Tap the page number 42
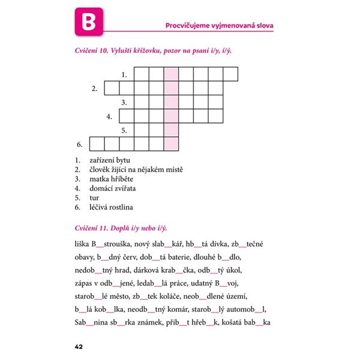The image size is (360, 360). coord(79,346)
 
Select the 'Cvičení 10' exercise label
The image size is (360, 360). coord(91,52)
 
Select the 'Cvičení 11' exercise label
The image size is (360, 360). coord(90,229)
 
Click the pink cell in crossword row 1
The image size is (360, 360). coord(171,74)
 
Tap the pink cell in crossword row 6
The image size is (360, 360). coord(171,144)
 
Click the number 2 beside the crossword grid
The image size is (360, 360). coord(94,89)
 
